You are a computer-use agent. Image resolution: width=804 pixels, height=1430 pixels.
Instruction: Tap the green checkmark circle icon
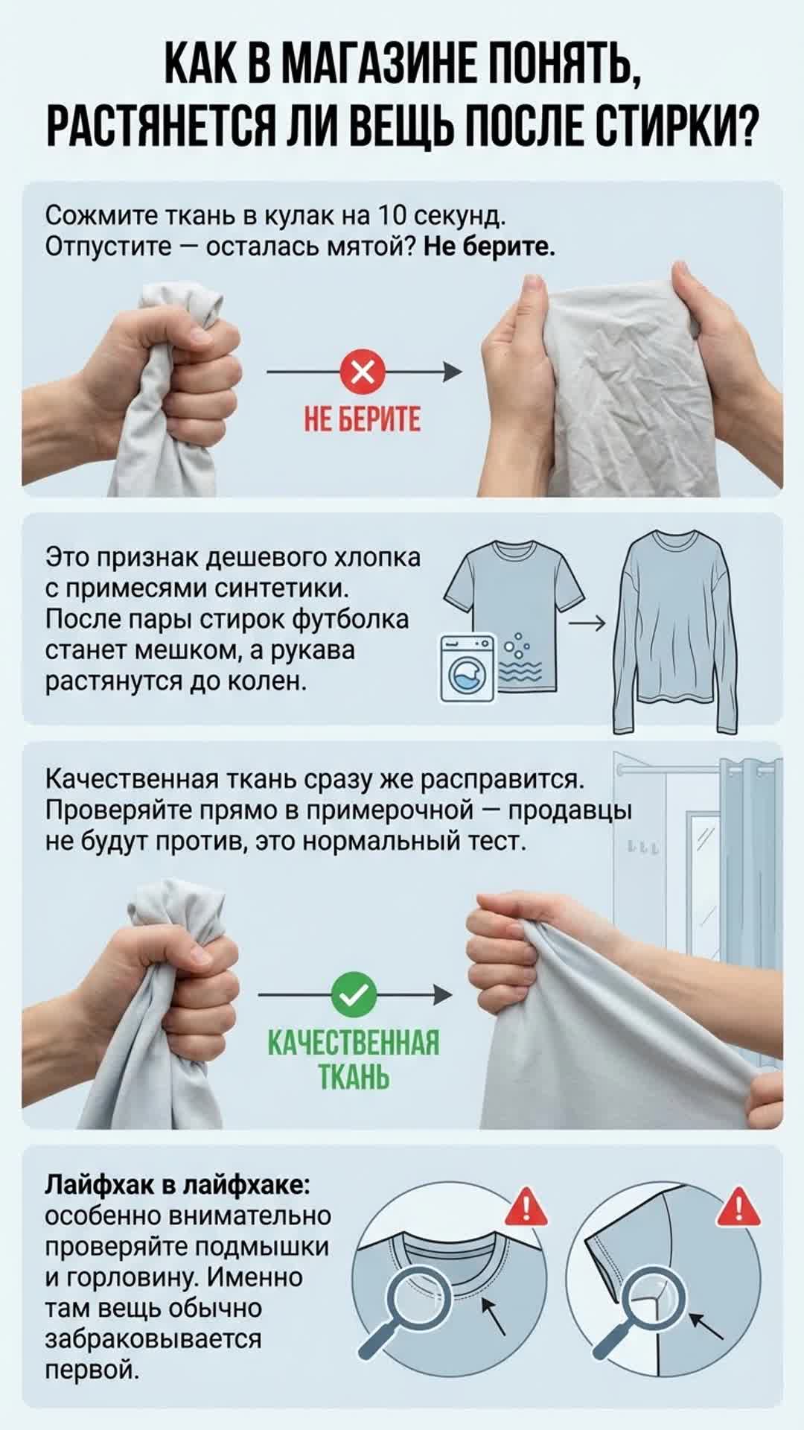coord(353,994)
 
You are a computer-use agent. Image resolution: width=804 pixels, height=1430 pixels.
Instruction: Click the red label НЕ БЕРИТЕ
coord(363,419)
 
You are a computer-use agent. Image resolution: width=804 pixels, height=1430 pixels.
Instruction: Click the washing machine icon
coord(467,668)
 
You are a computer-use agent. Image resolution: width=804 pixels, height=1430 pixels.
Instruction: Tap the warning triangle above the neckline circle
coord(526,1206)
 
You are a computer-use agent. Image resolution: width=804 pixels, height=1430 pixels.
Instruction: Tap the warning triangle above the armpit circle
coord(738,1206)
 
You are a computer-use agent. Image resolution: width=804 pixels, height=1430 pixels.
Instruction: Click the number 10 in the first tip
coord(392,215)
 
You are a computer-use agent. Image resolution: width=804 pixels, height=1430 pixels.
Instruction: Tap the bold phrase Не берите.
coord(489,246)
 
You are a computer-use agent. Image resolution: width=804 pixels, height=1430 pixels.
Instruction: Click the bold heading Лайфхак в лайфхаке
coord(179,1185)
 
